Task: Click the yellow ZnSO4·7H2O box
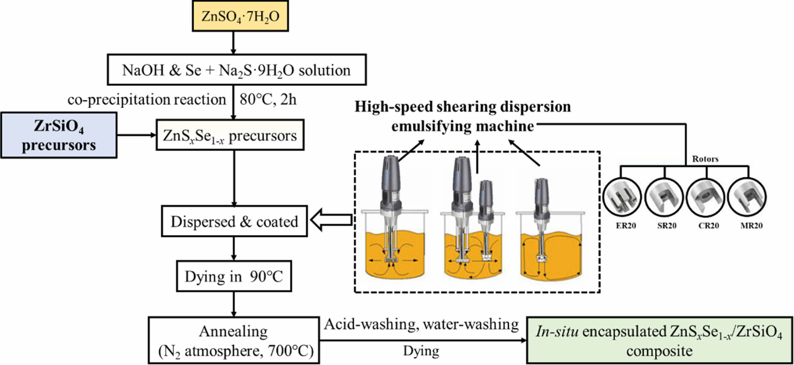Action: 240,16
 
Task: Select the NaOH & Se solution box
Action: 236,70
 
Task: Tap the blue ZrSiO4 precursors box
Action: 59,135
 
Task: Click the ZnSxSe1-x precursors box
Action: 230,135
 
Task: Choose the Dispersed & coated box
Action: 234,222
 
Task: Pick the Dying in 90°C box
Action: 234,276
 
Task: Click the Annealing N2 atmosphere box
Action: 234,340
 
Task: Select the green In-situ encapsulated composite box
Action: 659,340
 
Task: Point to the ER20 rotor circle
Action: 622,197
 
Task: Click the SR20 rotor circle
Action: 664,197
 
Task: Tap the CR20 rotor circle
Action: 706,197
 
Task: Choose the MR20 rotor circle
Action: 747,197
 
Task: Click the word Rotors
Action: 705,159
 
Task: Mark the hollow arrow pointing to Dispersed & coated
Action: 331,220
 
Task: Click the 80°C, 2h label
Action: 268,100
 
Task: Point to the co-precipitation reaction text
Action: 147,100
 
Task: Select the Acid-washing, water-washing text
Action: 421,324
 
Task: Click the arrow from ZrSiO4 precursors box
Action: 136,135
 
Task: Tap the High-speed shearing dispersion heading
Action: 462,107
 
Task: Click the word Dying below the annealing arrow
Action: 421,351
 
